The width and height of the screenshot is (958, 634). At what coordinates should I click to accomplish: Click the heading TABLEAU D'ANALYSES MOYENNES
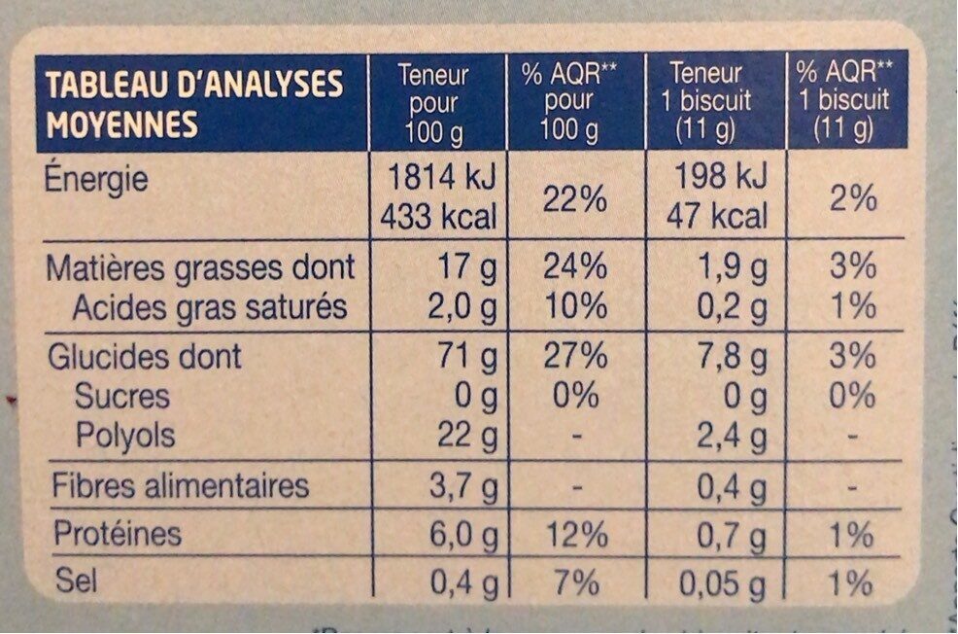pyautogui.click(x=194, y=103)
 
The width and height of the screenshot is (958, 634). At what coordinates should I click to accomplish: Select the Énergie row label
pyautogui.click(x=96, y=181)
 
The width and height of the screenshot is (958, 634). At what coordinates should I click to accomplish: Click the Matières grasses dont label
pyautogui.click(x=201, y=266)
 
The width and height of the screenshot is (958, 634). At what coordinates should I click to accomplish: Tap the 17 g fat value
pyautogui.click(x=468, y=267)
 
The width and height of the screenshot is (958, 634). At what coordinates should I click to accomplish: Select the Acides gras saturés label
pyautogui.click(x=211, y=308)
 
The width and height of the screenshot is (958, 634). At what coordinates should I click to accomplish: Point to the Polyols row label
pyautogui.click(x=126, y=436)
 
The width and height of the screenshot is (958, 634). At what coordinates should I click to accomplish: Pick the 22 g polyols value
pyautogui.click(x=466, y=436)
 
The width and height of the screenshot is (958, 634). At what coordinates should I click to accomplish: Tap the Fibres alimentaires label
pyautogui.click(x=180, y=485)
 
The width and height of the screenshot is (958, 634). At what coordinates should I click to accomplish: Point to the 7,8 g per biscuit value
pyautogui.click(x=731, y=356)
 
